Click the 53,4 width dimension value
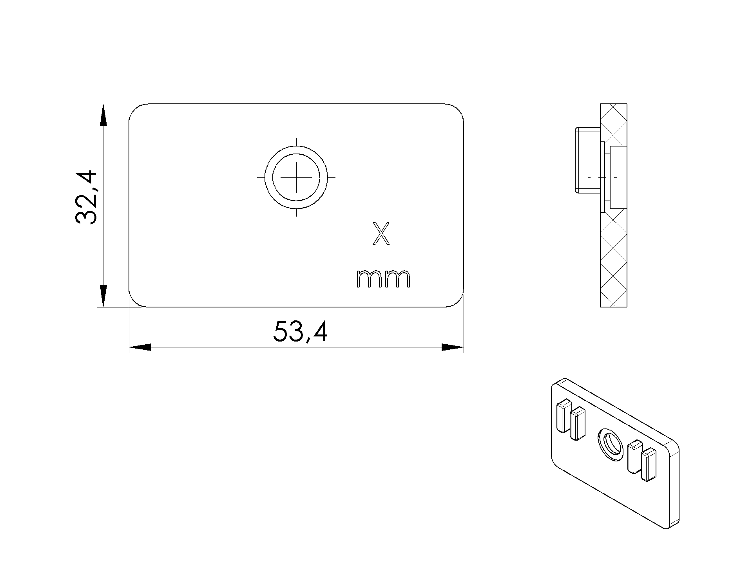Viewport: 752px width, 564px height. click(x=300, y=332)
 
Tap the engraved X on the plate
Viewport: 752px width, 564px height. click(x=381, y=234)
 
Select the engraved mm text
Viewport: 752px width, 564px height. click(x=383, y=278)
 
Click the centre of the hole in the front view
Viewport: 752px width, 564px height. click(x=296, y=177)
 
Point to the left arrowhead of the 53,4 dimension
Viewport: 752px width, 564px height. click(x=140, y=347)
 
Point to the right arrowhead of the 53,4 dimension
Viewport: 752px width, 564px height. click(x=453, y=347)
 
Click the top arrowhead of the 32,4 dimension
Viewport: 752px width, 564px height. click(x=103, y=115)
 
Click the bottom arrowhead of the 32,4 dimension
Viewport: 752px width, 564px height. click(x=103, y=296)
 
